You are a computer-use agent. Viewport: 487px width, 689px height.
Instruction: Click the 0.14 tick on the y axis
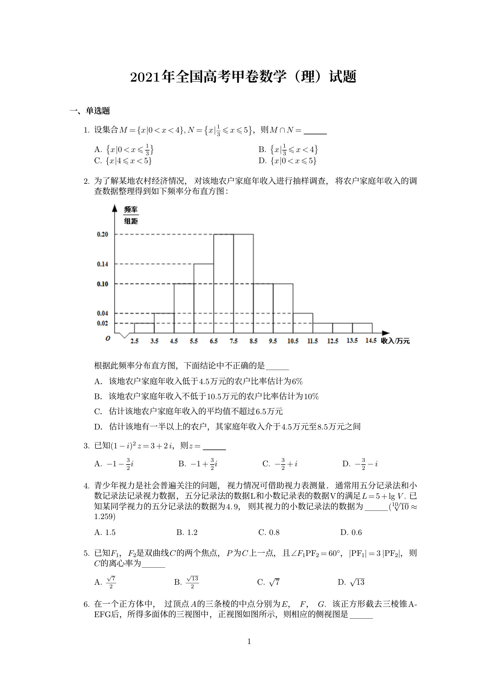tap(102, 264)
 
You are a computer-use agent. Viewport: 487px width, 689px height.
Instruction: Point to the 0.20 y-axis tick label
tap(102, 234)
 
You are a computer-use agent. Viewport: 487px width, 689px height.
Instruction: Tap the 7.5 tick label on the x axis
tap(233, 341)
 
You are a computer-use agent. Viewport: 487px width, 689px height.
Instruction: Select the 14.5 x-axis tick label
tap(371, 341)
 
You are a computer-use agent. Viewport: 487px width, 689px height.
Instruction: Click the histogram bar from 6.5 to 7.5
tap(224, 284)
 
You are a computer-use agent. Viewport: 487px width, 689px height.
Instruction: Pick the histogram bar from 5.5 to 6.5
tap(204, 299)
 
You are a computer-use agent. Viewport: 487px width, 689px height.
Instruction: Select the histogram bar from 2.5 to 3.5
tap(144, 328)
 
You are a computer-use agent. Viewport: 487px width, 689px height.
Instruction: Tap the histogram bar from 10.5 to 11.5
tap(303, 323)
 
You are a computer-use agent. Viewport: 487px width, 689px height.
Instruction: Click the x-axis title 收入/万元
tap(395, 341)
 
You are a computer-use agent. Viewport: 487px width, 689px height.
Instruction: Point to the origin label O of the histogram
tap(108, 338)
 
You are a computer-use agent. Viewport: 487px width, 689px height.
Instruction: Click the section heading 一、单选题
tap(90, 111)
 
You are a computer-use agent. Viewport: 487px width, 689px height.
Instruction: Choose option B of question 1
tap(288, 149)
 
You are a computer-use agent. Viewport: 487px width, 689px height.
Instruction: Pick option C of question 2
tap(188, 412)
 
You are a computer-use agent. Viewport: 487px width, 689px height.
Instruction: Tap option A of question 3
tap(114, 464)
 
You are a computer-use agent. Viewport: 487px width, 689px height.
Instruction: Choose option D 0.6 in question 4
tap(351, 533)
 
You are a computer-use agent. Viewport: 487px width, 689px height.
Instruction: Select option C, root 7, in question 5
tap(269, 582)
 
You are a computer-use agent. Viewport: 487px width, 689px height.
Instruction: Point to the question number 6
tap(86, 604)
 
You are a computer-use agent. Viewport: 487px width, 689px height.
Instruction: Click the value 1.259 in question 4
tap(104, 516)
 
